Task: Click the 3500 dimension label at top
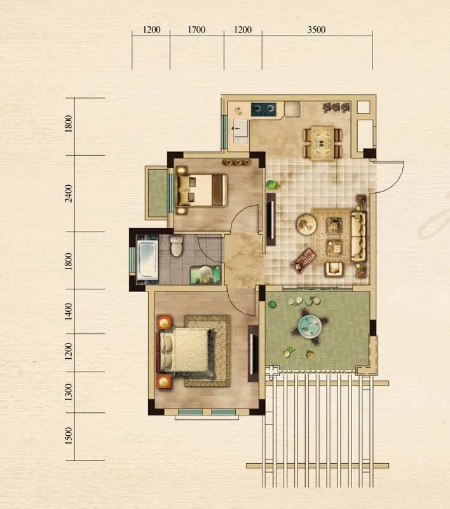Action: coord(316,29)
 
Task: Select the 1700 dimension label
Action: coord(196,29)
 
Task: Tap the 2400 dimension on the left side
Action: coord(69,193)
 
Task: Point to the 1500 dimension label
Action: coord(69,436)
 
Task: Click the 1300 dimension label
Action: coord(69,392)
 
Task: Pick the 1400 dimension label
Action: coord(69,311)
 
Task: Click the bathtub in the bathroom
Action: coord(147,260)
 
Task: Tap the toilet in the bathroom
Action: coord(177,246)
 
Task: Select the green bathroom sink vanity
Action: coord(205,275)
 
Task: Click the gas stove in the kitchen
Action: coord(264,109)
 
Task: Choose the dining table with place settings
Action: coord(322,143)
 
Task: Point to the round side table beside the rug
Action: coord(306,224)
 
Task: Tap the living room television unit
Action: coord(271,220)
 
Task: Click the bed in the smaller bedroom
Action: coord(201,190)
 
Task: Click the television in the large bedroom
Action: coord(253,353)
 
